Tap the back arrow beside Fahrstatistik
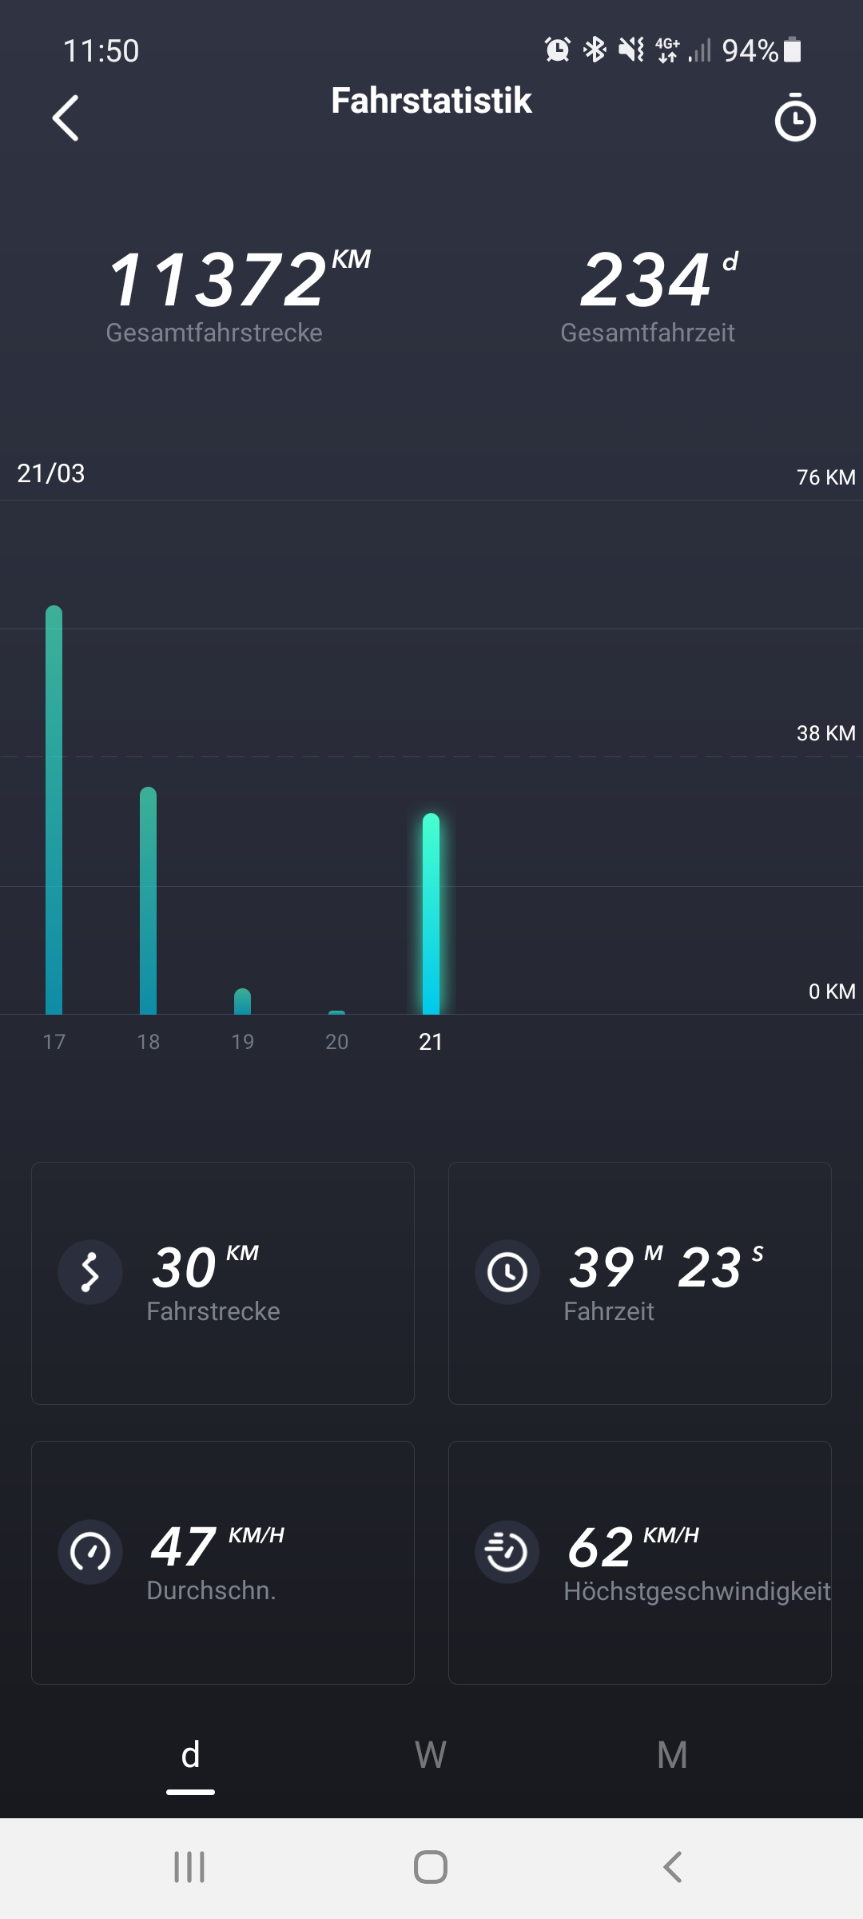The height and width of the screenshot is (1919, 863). coord(66,118)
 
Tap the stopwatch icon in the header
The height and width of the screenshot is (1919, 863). coord(795,118)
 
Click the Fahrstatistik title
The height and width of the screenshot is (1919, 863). coord(431,101)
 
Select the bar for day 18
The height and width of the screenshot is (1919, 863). coord(148,900)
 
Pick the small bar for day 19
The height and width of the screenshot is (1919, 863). coord(242,1001)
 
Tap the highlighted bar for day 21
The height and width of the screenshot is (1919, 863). coord(431,913)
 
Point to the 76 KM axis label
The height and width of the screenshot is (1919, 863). coord(825,477)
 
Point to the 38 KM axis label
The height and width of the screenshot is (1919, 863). coord(825,733)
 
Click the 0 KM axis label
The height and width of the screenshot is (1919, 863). coord(831,991)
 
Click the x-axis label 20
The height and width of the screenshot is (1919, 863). coord(336,1042)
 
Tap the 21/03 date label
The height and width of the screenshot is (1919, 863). coord(51,473)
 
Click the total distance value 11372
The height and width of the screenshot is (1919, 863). coord(217,280)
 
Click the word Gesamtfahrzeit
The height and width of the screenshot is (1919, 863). coord(647,333)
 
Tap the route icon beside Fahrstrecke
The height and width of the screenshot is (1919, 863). coord(90,1271)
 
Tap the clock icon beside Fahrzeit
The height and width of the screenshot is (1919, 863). coord(507,1271)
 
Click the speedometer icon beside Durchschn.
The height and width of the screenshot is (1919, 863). coord(90,1551)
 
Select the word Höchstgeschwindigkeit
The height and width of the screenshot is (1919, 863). coord(697,1591)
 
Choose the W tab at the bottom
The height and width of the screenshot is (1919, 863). coord(431,1755)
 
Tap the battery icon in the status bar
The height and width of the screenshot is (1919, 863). coord(793,50)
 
